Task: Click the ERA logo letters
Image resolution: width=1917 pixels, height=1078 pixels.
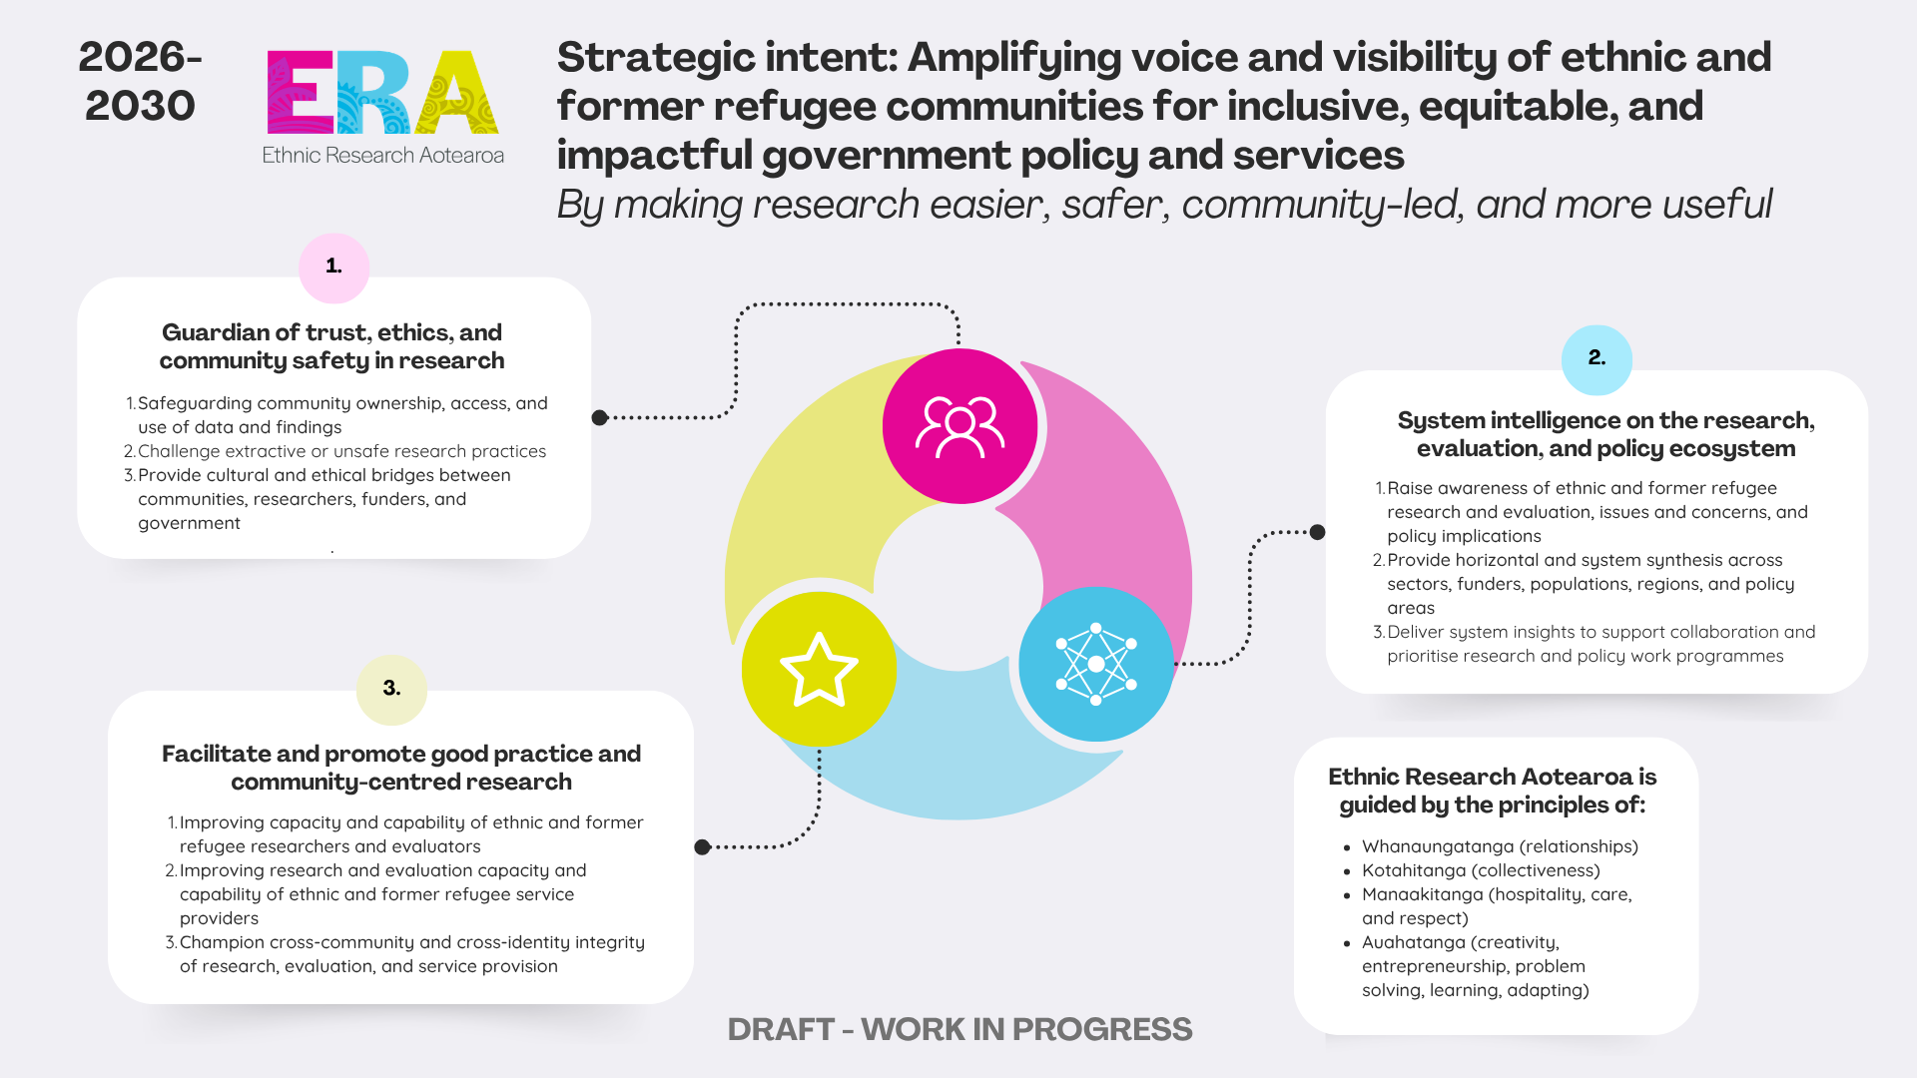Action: coord(383,92)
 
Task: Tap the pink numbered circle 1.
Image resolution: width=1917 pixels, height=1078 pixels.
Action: coord(334,268)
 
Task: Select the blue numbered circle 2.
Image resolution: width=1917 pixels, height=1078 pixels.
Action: coord(1597,359)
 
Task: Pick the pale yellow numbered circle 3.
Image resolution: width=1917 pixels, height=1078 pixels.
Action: coord(391,689)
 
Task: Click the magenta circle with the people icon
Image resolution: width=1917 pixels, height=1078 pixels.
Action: coord(959,426)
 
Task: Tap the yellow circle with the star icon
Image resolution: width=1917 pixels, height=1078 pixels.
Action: coord(819,669)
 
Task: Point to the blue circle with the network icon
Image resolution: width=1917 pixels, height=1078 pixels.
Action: coord(1096,664)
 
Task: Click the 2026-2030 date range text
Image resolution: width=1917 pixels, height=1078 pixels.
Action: coord(141,82)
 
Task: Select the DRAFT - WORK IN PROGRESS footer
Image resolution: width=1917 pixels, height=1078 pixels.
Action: coord(959,1029)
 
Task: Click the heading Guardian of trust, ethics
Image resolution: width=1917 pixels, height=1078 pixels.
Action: coord(331,346)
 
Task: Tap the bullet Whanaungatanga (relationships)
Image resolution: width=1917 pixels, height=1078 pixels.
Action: coord(1500,846)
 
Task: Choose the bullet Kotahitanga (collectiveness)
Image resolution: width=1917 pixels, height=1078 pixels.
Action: coord(1481,870)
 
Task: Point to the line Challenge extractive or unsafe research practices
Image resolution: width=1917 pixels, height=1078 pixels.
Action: coord(341,451)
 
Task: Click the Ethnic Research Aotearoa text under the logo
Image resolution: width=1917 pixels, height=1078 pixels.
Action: coord(383,155)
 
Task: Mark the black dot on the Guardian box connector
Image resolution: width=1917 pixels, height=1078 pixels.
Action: coord(599,417)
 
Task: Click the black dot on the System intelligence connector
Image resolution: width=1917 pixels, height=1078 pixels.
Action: coord(1318,532)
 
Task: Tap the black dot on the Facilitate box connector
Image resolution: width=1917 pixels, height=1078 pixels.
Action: coord(702,847)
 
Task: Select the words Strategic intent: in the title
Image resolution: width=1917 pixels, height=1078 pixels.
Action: coord(728,58)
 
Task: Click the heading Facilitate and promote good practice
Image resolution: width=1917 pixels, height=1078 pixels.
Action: coord(401,768)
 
